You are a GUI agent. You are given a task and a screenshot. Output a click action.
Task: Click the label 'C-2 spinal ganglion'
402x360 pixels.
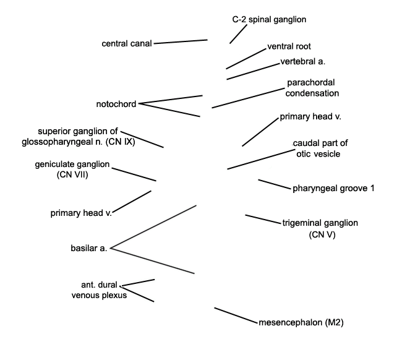tap(269, 20)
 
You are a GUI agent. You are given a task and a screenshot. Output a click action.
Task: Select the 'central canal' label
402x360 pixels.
tap(127, 43)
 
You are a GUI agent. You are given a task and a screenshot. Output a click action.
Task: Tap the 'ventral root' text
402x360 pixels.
tap(289, 46)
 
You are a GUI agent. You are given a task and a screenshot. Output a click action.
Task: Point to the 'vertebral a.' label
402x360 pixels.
tap(303, 61)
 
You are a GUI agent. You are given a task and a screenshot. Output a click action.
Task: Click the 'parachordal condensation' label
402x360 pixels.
tap(312, 88)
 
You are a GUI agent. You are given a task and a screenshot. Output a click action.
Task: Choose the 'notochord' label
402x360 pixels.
tap(116, 104)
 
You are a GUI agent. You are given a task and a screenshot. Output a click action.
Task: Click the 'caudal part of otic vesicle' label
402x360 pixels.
tap(320, 148)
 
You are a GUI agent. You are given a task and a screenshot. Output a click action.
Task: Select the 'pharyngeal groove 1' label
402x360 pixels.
tap(333, 189)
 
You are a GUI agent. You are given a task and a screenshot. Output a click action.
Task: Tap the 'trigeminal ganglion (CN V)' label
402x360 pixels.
tap(320, 228)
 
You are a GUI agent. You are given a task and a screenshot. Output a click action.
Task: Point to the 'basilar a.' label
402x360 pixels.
tap(88, 248)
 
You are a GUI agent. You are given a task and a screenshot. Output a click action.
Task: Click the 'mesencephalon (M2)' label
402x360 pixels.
tap(301, 322)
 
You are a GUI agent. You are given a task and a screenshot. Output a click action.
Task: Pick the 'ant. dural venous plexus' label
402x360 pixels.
tap(99, 290)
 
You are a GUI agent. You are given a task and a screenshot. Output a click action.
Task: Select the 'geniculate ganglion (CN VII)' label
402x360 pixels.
tap(72, 169)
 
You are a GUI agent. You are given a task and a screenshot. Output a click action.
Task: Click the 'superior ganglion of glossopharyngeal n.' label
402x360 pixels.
tap(78, 137)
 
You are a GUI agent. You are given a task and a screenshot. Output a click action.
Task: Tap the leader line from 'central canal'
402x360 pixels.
tap(181, 41)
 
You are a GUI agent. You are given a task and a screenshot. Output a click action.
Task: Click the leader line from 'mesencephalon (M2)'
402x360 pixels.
tap(236, 315)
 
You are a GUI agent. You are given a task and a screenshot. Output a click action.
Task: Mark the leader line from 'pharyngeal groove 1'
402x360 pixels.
tap(275, 184)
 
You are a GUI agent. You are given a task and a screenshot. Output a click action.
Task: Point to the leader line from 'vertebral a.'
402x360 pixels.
tap(254, 71)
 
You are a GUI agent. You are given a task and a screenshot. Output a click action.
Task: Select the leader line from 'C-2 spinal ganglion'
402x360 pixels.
tap(238, 34)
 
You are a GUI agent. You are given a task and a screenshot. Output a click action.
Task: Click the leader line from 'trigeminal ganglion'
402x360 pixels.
tap(263, 219)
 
